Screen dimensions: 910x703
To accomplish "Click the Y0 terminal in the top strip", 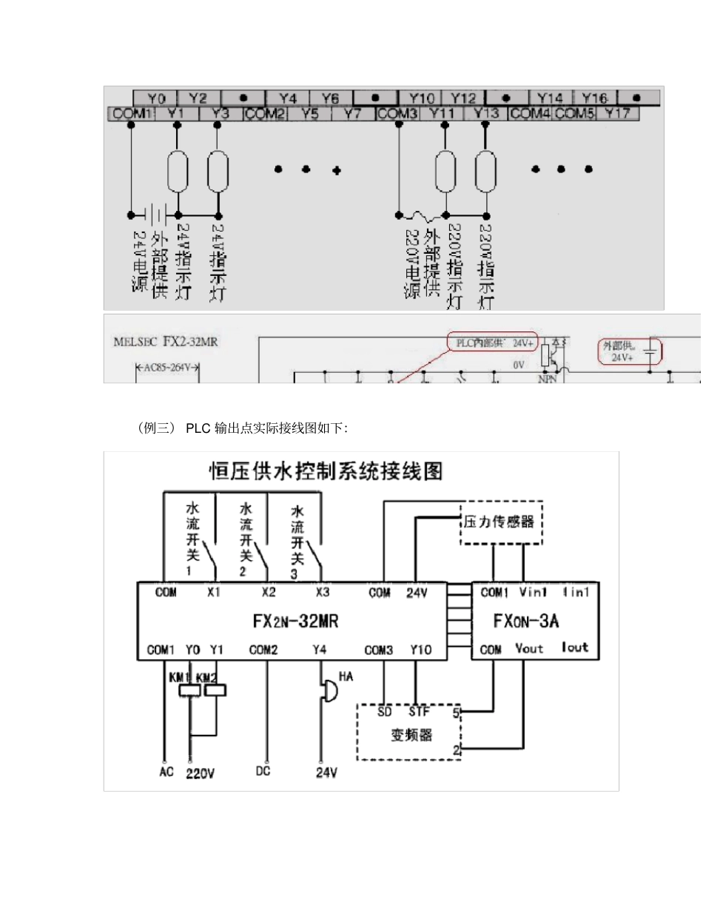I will coord(155,98).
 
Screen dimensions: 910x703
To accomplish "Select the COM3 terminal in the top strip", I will coord(397,114).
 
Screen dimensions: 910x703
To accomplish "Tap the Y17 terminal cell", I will coord(617,114).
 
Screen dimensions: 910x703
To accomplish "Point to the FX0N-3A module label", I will coord(531,621).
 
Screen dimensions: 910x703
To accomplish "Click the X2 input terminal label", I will coord(269,593).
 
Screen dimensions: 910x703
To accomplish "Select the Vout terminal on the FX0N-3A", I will coord(529,649).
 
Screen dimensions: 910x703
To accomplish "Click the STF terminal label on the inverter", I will coord(418,712).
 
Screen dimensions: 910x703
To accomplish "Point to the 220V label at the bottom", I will coord(200,773).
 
